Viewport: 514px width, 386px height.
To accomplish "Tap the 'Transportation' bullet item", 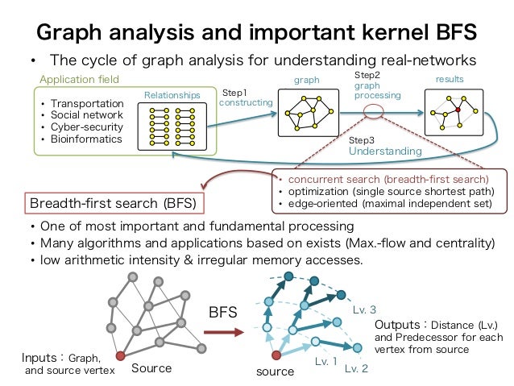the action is click(86, 104).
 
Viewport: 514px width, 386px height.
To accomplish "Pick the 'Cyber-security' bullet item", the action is click(87, 127).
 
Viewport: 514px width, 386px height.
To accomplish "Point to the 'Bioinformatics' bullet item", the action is click(86, 139).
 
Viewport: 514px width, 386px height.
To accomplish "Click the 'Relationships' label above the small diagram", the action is click(170, 94).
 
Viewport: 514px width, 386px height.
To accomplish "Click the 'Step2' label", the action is click(367, 73).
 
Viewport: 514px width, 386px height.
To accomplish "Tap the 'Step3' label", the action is click(363, 139).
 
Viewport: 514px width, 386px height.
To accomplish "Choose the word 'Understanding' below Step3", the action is click(384, 151).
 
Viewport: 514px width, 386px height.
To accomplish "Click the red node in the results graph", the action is click(458, 109).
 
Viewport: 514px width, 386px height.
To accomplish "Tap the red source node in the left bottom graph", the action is click(119, 355).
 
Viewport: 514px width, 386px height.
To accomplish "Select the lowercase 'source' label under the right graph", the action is click(276, 372).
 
